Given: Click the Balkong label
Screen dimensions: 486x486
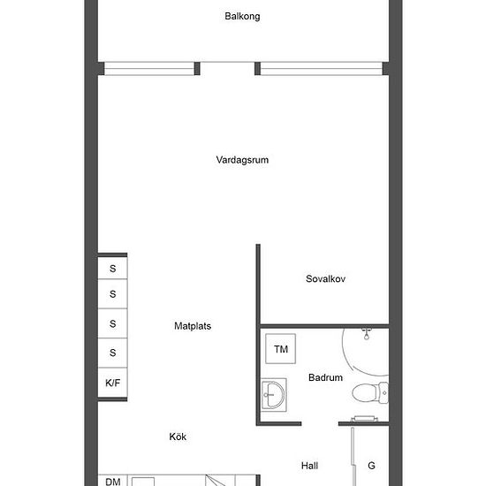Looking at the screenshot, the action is pos(242,17).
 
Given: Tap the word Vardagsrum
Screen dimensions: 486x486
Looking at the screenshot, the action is pos(242,160).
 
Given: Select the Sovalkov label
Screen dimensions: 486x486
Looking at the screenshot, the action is pos(325,278).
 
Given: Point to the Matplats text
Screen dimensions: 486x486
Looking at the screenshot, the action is pos(193,326).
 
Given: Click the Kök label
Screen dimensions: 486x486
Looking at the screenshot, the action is pos(178,437).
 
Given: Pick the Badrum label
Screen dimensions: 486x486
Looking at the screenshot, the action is pos(325,377).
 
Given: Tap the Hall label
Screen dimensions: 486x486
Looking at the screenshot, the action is pos(309,466).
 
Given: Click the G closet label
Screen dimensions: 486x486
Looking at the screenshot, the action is pos(371,466).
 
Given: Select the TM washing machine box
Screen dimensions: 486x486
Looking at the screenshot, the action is pos(280,349).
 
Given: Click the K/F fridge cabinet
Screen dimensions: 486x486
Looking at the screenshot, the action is pos(112,383).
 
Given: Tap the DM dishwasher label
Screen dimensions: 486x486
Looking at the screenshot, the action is pos(113,482).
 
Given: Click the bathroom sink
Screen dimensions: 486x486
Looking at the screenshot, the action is pos(273,395).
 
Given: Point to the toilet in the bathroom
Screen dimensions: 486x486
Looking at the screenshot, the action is pos(370,392).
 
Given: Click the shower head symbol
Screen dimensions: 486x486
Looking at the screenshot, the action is pos(367,334).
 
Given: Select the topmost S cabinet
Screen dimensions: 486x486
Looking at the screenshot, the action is pos(112,268).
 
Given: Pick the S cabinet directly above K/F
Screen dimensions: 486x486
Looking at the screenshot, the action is pos(112,353).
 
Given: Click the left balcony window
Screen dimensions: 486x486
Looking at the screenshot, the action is pos(149,69).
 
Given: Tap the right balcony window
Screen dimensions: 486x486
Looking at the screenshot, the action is pos(322,69).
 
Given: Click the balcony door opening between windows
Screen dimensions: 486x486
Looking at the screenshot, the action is pos(227,69).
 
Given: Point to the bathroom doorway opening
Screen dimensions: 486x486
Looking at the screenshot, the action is pos(320,423).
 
